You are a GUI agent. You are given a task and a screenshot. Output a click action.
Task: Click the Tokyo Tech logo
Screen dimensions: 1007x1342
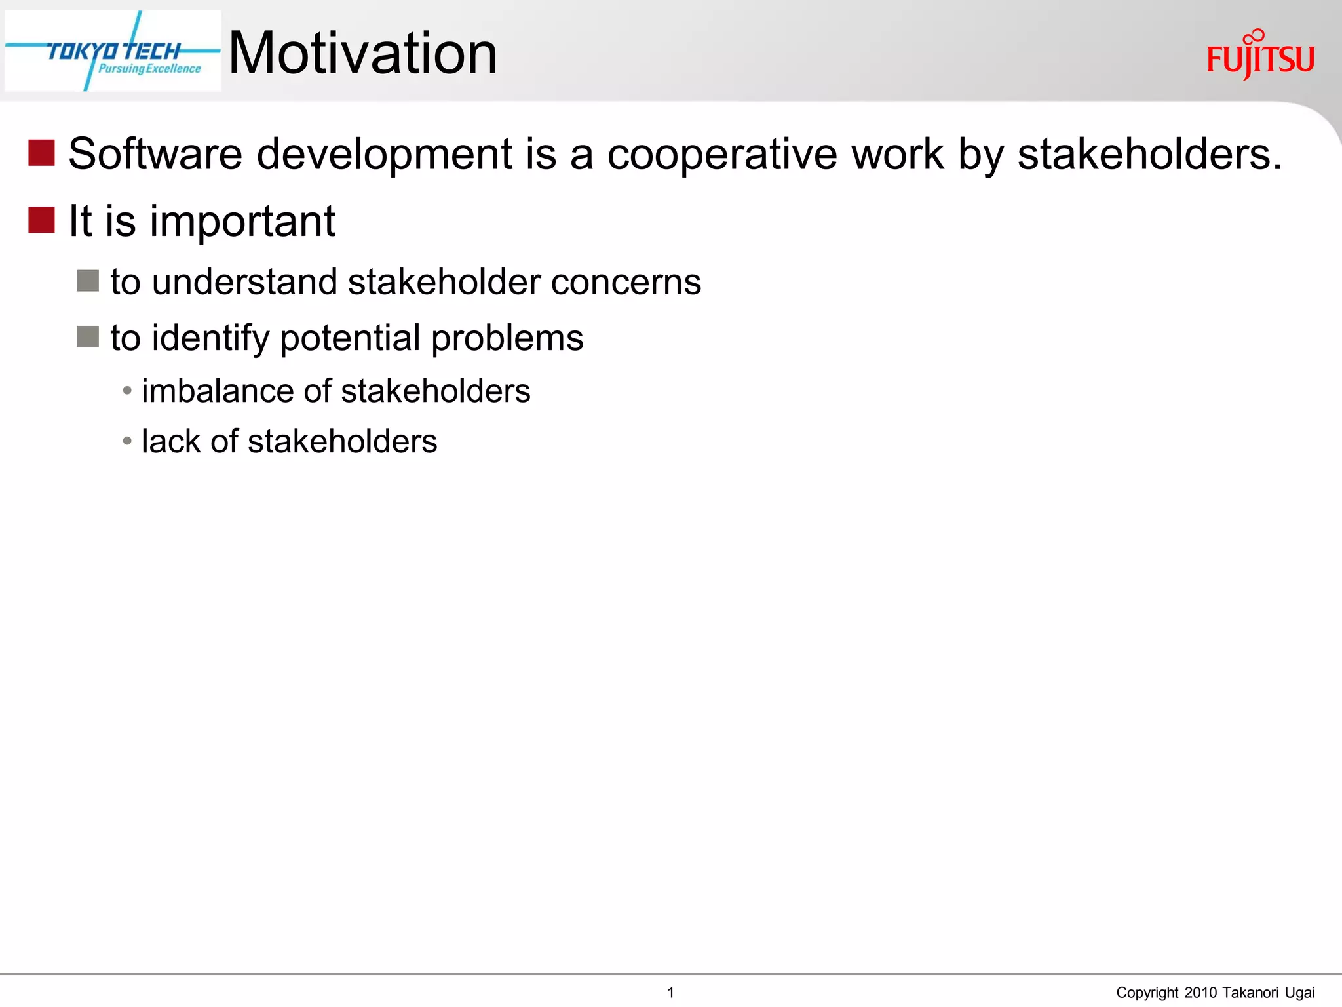tap(113, 51)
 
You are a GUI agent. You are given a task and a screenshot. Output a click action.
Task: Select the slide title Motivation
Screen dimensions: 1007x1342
tap(362, 53)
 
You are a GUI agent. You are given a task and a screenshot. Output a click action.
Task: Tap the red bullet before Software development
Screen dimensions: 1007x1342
tap(41, 153)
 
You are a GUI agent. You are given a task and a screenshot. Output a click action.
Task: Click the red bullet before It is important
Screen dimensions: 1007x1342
tap(41, 220)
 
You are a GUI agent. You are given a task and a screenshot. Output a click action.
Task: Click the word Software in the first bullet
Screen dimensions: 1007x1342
tap(155, 154)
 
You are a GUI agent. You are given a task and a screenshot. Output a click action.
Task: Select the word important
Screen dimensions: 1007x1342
tap(242, 222)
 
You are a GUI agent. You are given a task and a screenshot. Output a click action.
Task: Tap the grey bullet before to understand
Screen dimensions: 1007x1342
tap(88, 281)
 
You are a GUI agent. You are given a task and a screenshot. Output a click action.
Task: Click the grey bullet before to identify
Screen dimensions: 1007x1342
tap(88, 337)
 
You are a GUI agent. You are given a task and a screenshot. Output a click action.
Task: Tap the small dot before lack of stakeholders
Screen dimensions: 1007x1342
tap(127, 441)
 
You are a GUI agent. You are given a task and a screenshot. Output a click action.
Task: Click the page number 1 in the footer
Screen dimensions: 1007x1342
tap(670, 992)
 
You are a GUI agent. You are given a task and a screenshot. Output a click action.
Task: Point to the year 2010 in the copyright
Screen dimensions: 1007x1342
tap(1200, 992)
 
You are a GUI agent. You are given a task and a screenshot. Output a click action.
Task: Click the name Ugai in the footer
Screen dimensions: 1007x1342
tap(1299, 993)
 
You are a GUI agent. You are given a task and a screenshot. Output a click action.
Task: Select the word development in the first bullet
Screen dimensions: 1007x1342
tap(384, 155)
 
